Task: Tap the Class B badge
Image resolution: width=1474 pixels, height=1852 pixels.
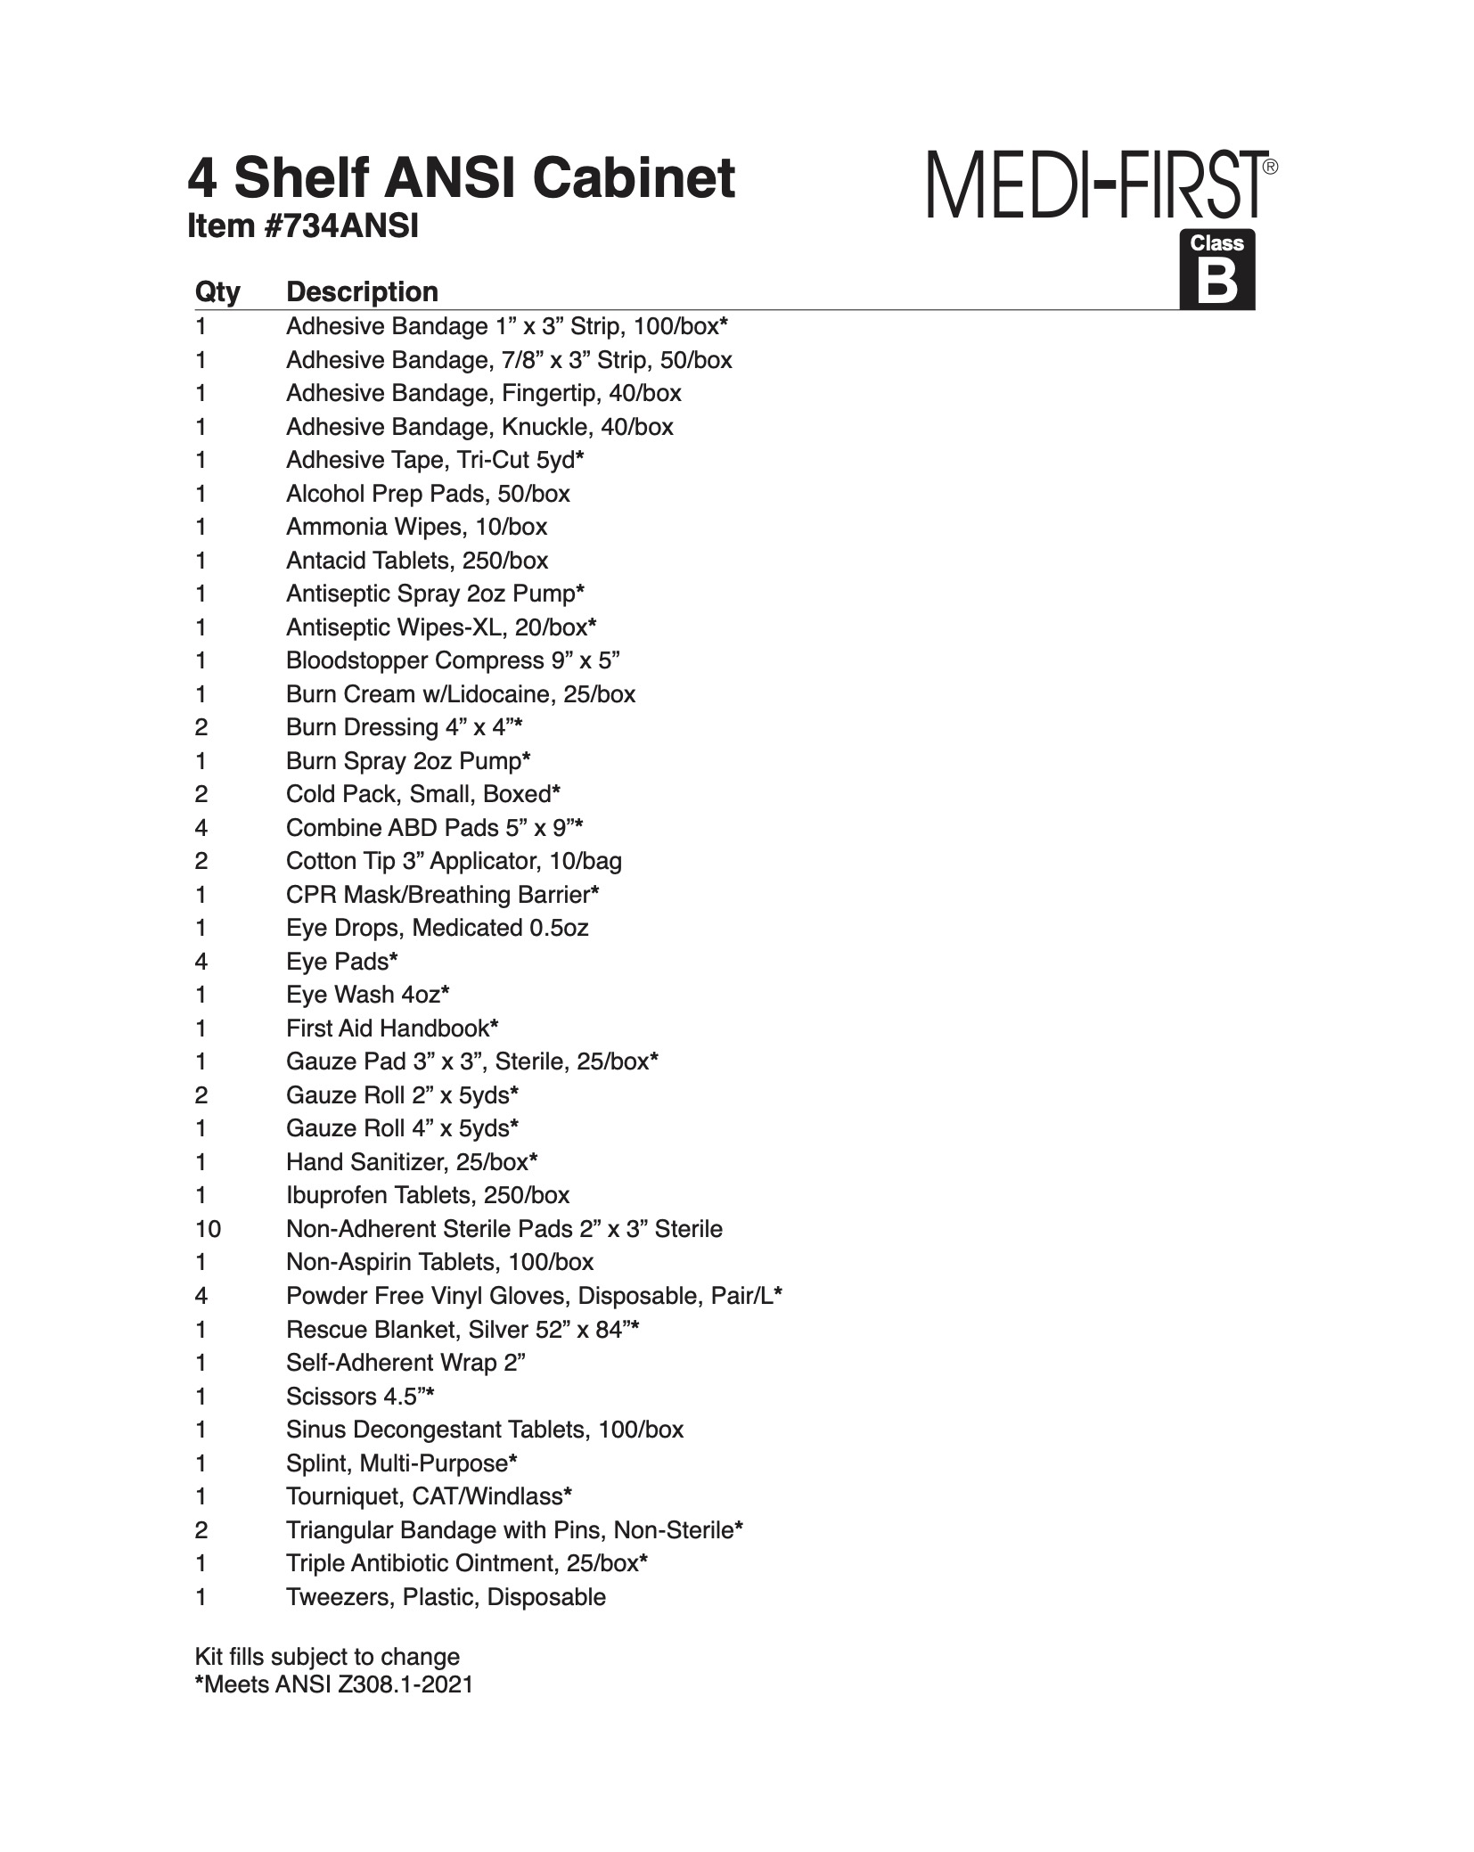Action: (x=1216, y=271)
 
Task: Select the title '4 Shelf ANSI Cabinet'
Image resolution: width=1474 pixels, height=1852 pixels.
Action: (x=461, y=178)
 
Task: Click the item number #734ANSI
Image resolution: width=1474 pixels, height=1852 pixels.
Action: (x=302, y=227)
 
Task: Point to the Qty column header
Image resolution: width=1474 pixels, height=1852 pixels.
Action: (x=217, y=292)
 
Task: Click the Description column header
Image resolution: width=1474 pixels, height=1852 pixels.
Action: (x=362, y=292)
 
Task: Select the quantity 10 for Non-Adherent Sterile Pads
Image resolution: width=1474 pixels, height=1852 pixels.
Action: (x=209, y=1229)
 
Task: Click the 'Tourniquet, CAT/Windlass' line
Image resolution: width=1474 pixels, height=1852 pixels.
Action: (x=429, y=1496)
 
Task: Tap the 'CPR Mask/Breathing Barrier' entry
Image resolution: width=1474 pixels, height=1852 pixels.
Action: (x=442, y=895)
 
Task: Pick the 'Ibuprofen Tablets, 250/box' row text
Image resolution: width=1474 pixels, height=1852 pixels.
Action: (x=428, y=1195)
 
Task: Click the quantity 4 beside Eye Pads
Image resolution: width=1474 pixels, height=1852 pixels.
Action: (x=201, y=962)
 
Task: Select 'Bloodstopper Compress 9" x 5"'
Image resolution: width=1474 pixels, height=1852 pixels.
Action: (x=453, y=661)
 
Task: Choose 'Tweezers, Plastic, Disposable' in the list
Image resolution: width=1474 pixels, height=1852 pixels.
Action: (x=446, y=1597)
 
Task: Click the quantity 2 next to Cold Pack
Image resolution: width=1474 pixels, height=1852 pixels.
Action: (x=201, y=794)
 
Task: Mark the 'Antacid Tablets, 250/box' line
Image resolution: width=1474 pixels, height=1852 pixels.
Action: (x=417, y=561)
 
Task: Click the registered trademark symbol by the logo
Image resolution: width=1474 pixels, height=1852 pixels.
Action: (x=1271, y=167)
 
